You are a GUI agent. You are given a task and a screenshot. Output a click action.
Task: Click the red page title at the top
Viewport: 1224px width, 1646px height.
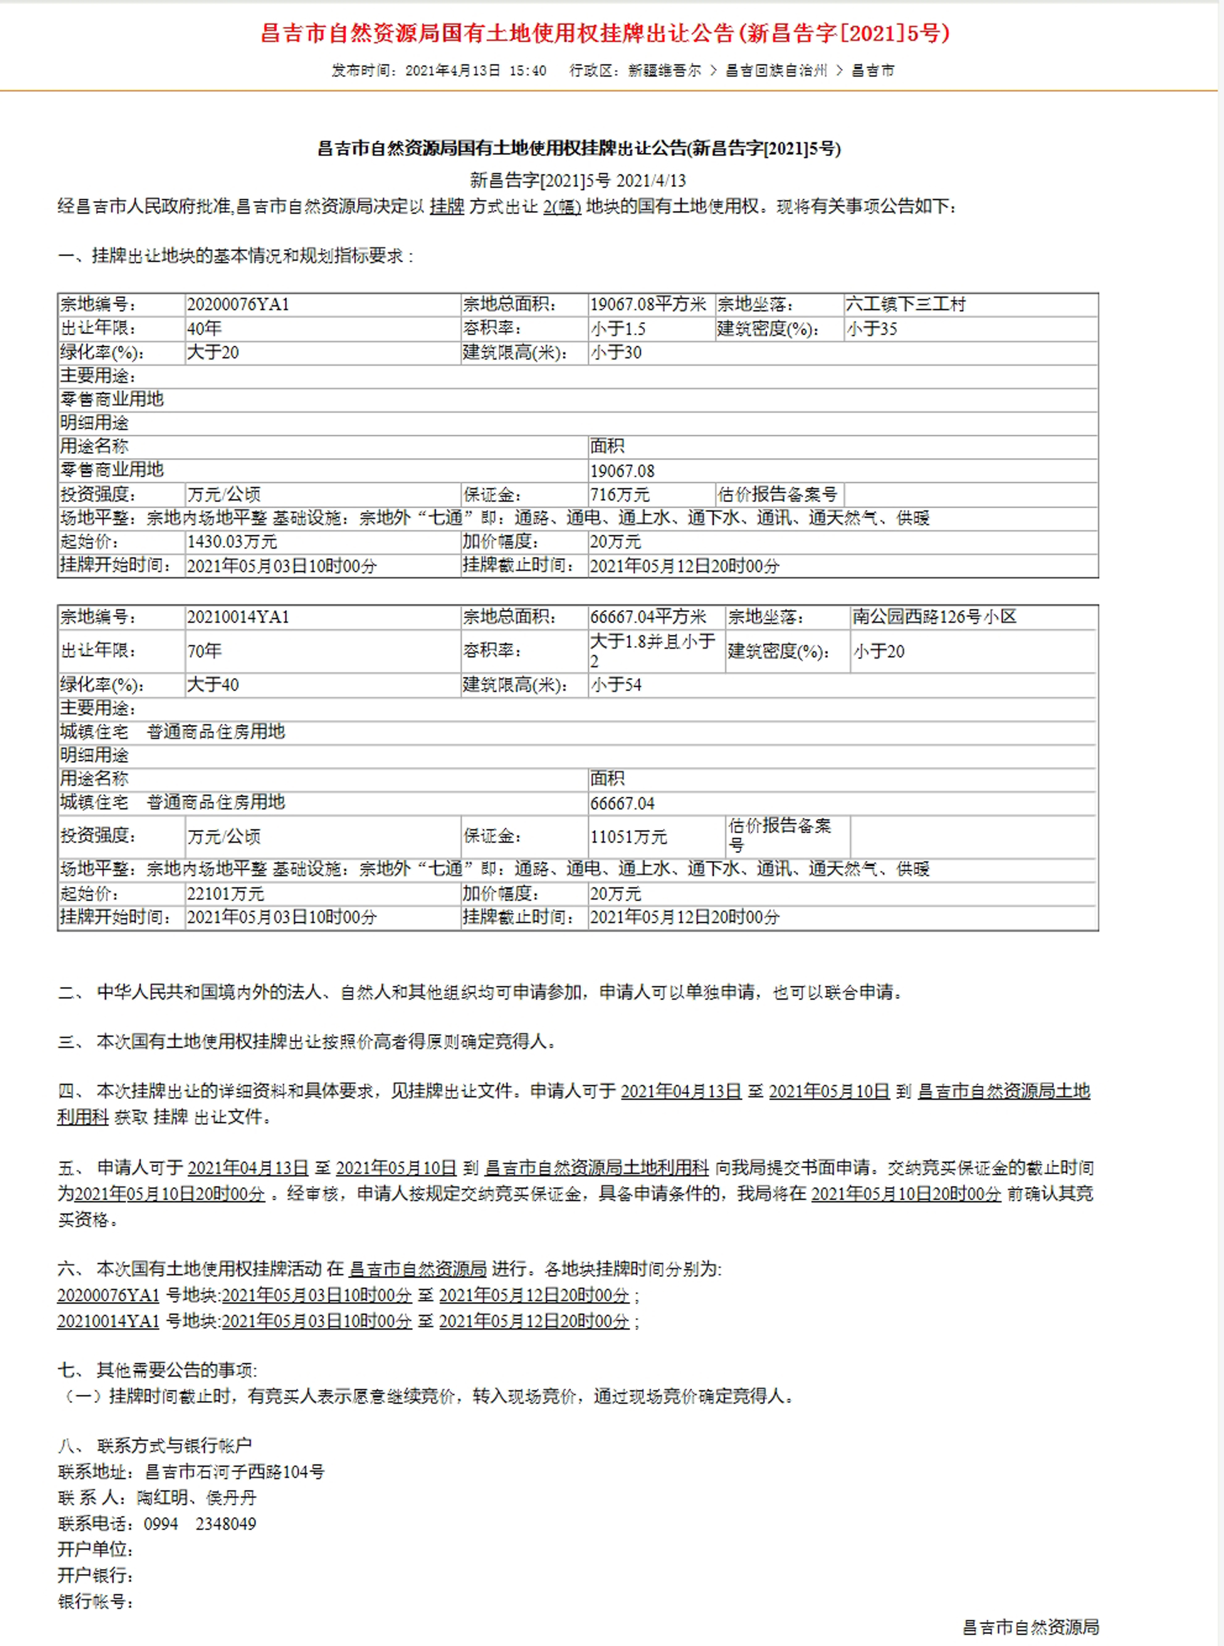click(605, 33)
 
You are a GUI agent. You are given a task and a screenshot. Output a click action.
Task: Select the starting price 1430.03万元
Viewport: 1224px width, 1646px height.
click(232, 542)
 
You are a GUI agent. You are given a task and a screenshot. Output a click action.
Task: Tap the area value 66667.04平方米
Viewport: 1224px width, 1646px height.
click(647, 617)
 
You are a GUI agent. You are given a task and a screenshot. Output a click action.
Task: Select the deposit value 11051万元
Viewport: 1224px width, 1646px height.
click(628, 837)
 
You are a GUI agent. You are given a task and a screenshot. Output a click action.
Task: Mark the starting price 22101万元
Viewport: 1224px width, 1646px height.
click(225, 894)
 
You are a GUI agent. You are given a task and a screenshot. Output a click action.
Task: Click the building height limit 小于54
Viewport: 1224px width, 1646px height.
click(616, 685)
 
